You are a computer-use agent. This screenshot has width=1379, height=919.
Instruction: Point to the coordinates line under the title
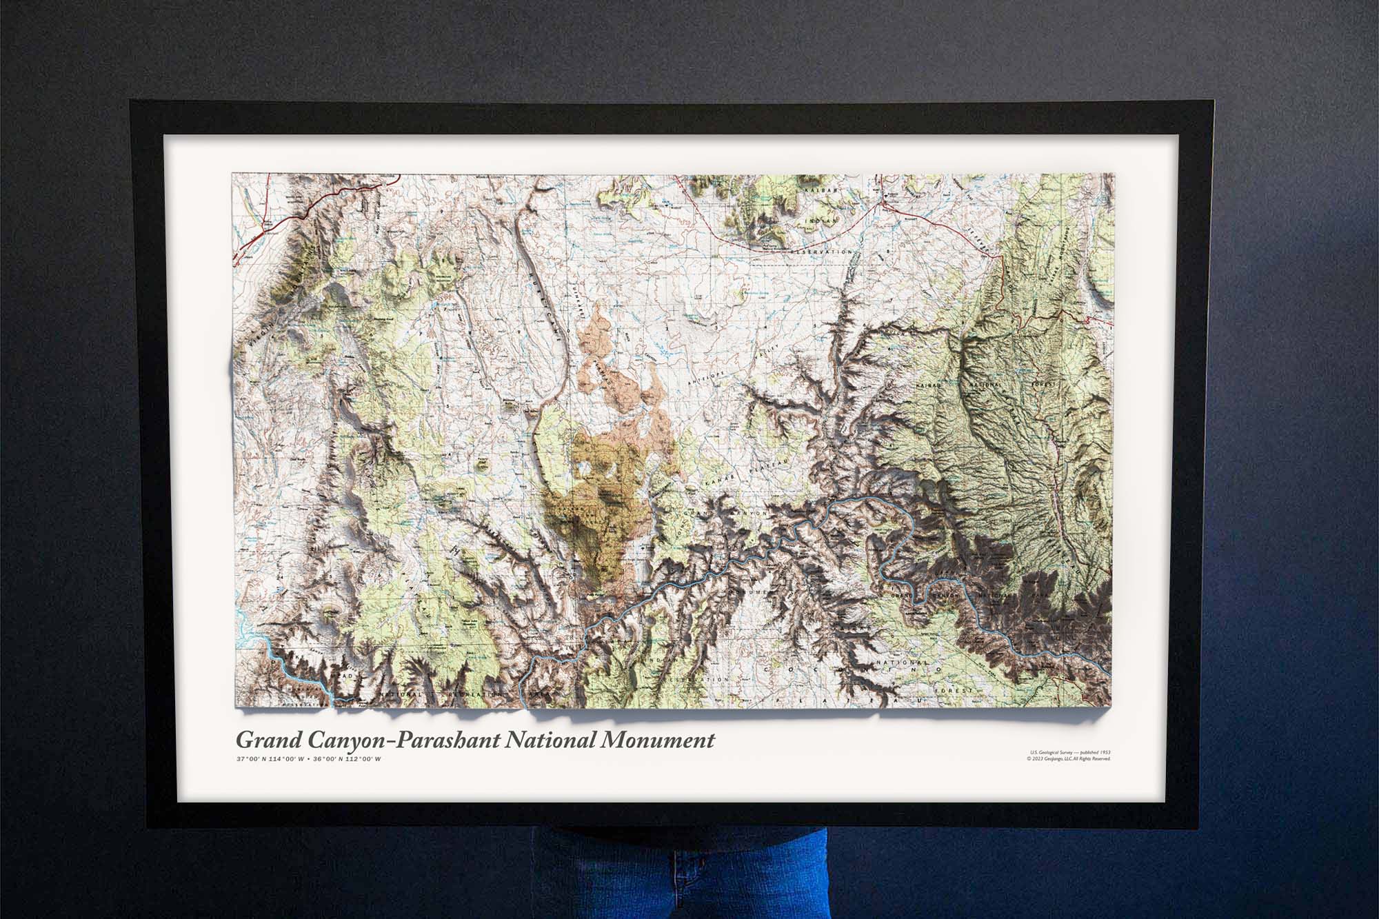tap(308, 759)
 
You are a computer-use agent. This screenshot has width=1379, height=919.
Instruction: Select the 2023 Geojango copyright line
tap(1068, 759)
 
